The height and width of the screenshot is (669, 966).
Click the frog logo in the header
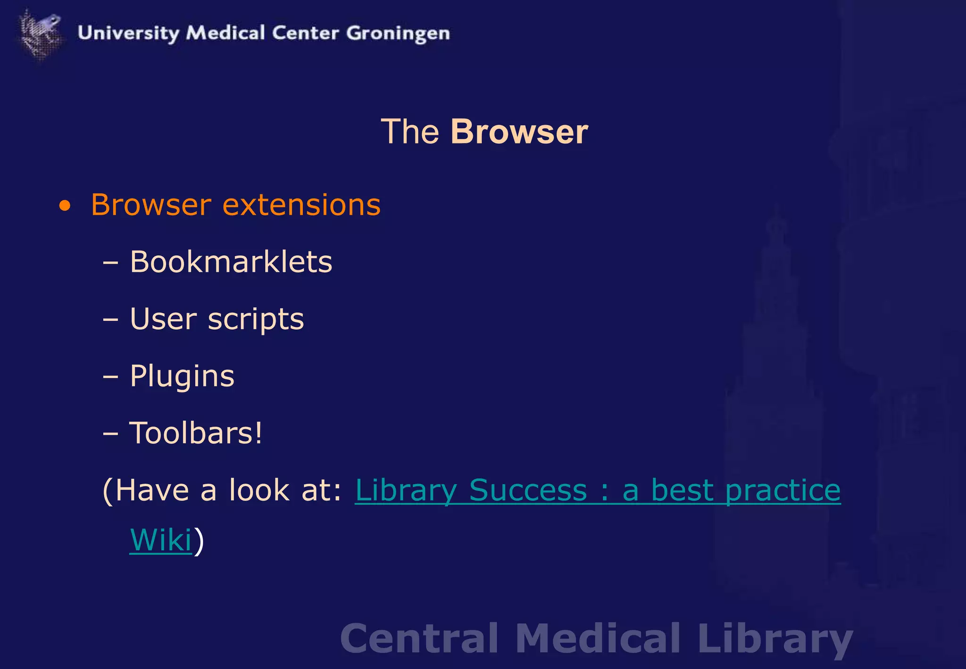coord(41,34)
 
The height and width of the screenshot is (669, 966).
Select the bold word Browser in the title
coord(519,132)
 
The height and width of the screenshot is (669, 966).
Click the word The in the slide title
coord(410,132)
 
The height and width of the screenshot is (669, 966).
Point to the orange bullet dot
coord(65,206)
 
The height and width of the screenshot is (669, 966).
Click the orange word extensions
coord(301,205)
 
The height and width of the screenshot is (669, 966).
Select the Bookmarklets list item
coord(231,262)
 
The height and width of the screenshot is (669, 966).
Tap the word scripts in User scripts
coord(256,320)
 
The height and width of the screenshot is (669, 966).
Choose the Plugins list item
coord(182,376)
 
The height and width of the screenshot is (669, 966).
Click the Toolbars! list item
coord(196,433)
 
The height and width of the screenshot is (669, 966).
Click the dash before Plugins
coord(110,377)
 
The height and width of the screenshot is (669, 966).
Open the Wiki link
coord(161,540)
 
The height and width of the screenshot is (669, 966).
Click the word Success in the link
coord(528,491)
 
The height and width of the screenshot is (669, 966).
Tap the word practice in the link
coord(783,491)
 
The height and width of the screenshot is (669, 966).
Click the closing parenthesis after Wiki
coord(199,541)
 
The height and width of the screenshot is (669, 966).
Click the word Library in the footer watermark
coord(775,639)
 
